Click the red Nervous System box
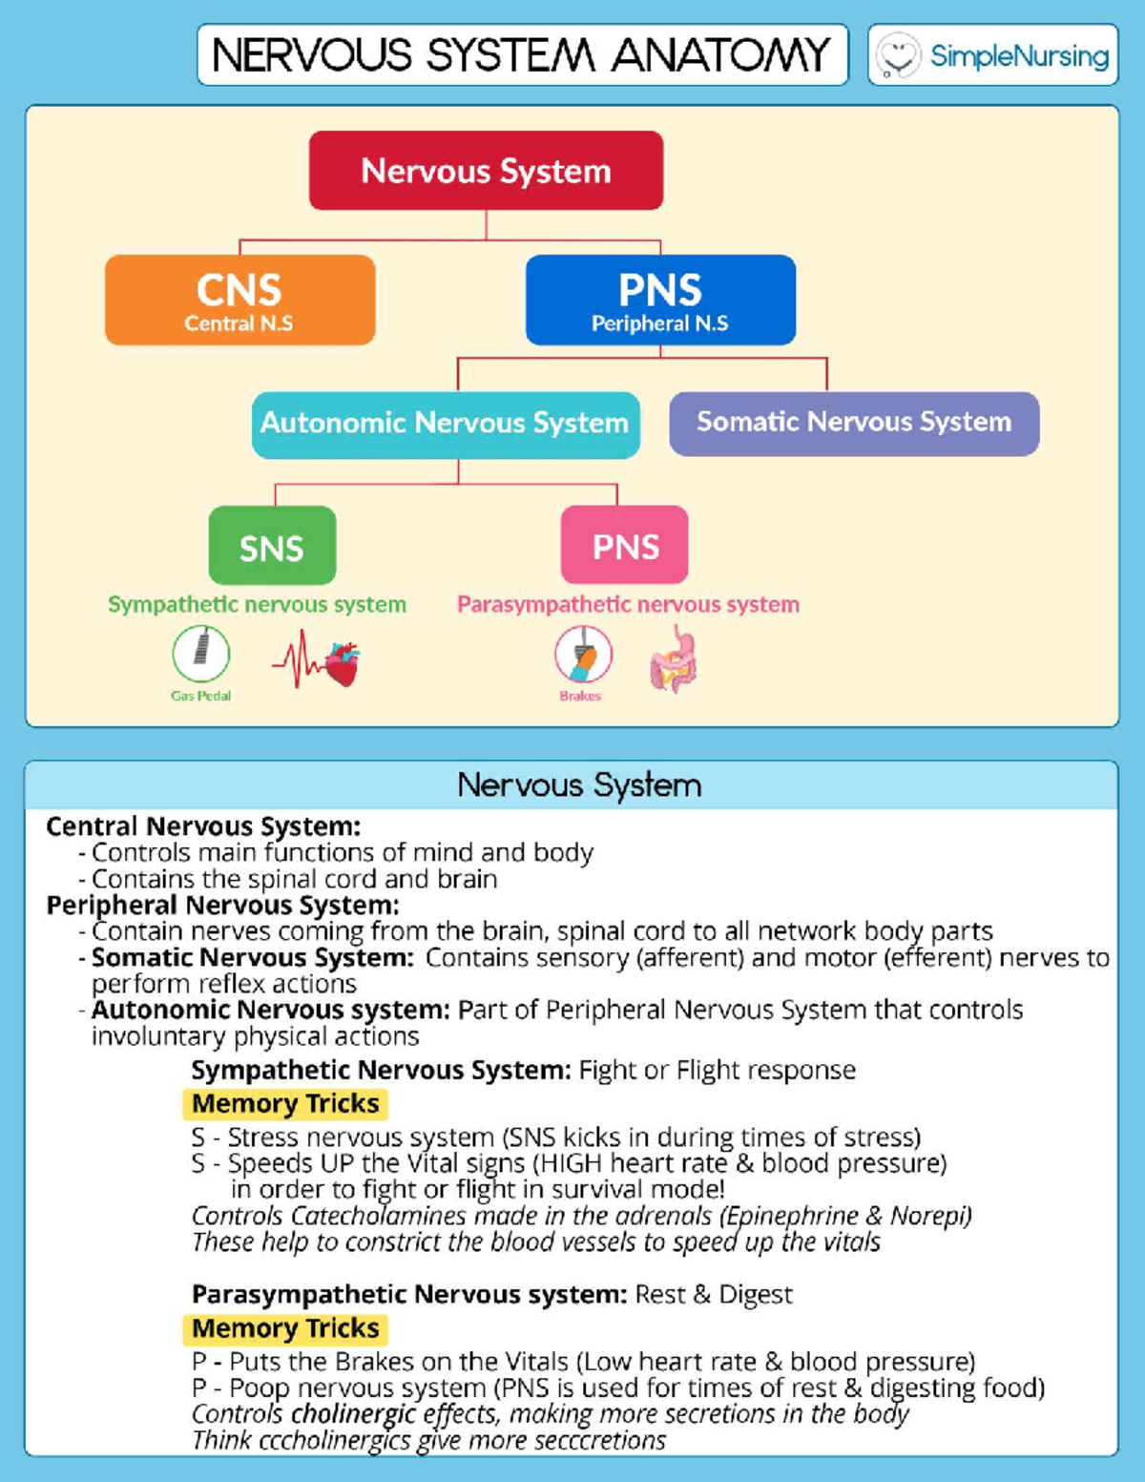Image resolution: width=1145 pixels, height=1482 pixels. click(486, 171)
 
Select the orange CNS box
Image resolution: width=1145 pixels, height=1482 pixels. click(239, 300)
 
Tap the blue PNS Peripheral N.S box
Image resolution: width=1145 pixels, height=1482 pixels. click(660, 300)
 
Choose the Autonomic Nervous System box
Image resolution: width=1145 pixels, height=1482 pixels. click(446, 424)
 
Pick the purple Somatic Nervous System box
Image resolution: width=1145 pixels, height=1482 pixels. click(854, 423)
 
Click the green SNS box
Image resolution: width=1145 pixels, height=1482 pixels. click(272, 546)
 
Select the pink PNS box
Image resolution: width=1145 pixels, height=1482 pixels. click(625, 546)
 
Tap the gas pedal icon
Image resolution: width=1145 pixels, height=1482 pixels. click(201, 654)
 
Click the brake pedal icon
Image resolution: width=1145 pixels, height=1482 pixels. click(583, 655)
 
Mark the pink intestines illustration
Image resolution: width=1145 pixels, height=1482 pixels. click(674, 659)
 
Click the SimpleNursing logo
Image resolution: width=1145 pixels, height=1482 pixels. click(993, 55)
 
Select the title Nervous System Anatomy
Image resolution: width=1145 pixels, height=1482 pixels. click(522, 55)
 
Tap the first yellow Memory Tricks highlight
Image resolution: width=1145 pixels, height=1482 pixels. click(285, 1104)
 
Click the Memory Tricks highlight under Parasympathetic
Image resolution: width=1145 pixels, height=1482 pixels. click(285, 1328)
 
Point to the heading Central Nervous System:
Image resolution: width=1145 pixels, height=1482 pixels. click(203, 826)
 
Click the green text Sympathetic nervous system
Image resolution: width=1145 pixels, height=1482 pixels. click(257, 604)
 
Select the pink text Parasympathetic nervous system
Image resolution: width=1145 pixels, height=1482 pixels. click(628, 604)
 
